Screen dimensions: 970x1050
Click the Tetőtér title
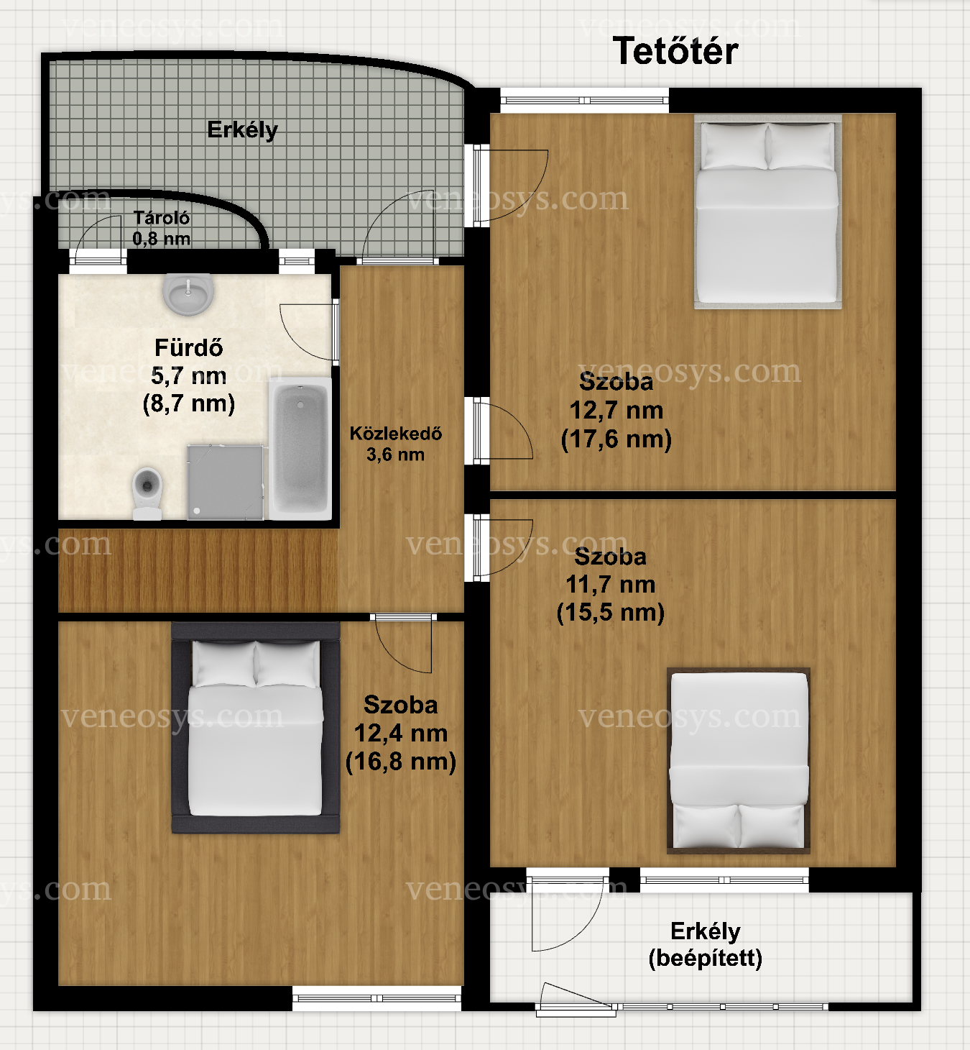click(x=675, y=51)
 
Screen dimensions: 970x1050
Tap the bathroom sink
click(x=188, y=293)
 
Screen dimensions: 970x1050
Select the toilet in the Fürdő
click(x=147, y=493)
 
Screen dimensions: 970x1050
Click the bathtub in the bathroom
click(x=300, y=448)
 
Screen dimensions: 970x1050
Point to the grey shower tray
click(x=226, y=482)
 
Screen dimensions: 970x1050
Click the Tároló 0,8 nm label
click(x=161, y=229)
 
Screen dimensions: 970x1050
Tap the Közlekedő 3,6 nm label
click(x=396, y=444)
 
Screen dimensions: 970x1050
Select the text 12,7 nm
click(x=616, y=411)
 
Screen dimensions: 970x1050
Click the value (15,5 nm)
click(x=610, y=613)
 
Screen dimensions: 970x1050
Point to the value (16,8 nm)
click(x=400, y=762)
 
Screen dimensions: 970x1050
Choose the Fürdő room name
click(x=188, y=348)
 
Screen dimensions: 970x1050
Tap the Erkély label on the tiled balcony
click(x=243, y=130)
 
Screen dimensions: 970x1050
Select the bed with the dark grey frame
click(x=256, y=728)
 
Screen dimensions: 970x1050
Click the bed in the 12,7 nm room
click(x=767, y=211)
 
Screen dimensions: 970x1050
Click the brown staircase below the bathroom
click(x=198, y=570)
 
